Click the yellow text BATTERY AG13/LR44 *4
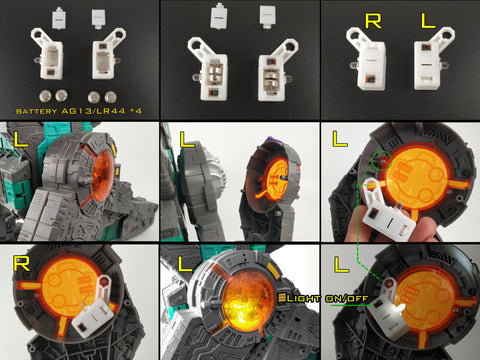pyautogui.click(x=79, y=111)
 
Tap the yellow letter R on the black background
pyautogui.click(x=373, y=21)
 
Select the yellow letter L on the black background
pyautogui.click(x=428, y=21)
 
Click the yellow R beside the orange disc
pyautogui.click(x=22, y=263)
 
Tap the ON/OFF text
pyautogui.click(x=346, y=298)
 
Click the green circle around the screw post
pyautogui.click(x=383, y=160)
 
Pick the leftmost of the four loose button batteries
pyautogui.click(x=46, y=96)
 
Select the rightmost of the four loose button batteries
pyautogui.click(x=110, y=97)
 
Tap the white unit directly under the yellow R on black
pyautogui.click(x=367, y=59)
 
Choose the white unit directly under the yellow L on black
pyautogui.click(x=433, y=59)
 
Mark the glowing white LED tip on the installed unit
pyautogui.click(x=401, y=308)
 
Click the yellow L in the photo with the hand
pyautogui.click(x=340, y=139)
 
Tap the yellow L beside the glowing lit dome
pyautogui.click(x=185, y=263)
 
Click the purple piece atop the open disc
pyautogui.click(x=277, y=142)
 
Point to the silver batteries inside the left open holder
pyautogui.click(x=215, y=74)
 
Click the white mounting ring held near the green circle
pyautogui.click(x=371, y=185)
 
